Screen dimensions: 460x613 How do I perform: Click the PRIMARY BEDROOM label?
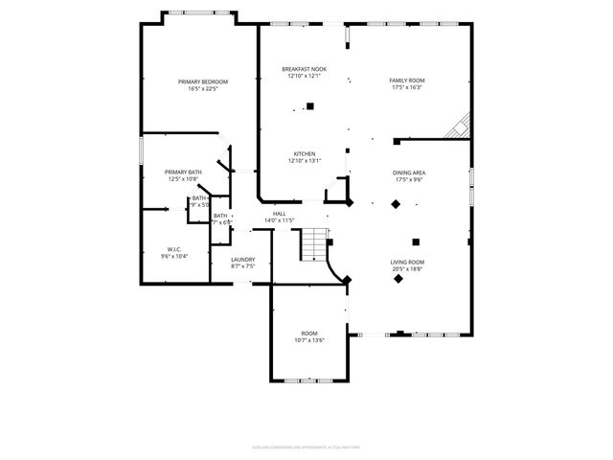[x=203, y=81]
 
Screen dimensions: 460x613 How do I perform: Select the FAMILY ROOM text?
[x=407, y=80]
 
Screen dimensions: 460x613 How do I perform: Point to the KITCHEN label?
[x=305, y=153]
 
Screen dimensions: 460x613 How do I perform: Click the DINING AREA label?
[x=409, y=172]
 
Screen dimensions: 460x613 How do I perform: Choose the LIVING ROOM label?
[x=407, y=262]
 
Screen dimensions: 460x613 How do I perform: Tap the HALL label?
[x=280, y=214]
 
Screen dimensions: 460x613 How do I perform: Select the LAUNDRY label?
[x=243, y=259]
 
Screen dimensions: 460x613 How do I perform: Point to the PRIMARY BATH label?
[x=182, y=172]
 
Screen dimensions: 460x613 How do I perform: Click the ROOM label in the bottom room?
[x=309, y=333]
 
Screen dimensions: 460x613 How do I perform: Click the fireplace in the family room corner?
[x=462, y=126]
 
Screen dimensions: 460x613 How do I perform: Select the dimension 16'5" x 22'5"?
[x=203, y=89]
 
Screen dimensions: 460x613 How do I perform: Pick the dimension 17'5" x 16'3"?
[x=407, y=88]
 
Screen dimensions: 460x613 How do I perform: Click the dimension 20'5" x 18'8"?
[x=407, y=269]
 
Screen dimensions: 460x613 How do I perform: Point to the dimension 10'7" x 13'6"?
[x=309, y=340]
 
